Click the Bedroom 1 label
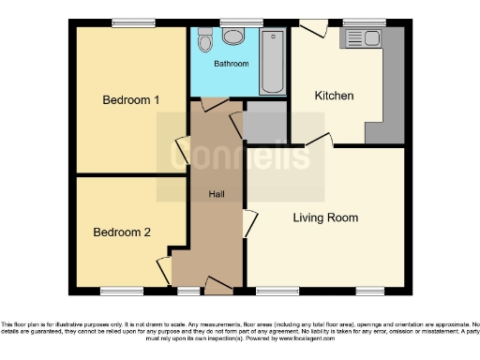point(131,99)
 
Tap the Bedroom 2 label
point(122,232)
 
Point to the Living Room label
point(325,217)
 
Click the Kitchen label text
point(334,96)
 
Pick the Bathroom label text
point(230,64)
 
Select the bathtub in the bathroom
point(273,61)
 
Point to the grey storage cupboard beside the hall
point(264,122)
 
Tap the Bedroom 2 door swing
point(164,269)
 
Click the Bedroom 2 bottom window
point(122,290)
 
